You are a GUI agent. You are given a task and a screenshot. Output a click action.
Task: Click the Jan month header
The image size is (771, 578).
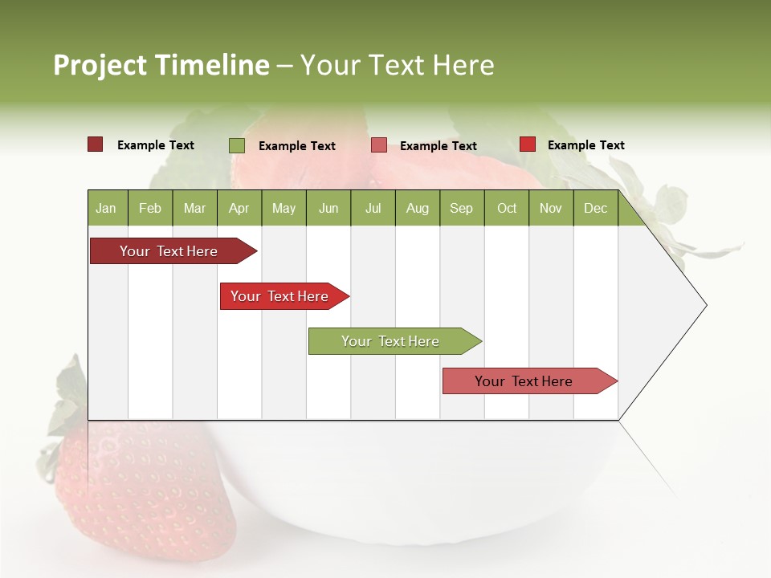pyautogui.click(x=106, y=208)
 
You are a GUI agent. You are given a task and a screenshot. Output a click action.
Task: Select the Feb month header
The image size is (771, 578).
pyautogui.click(x=150, y=208)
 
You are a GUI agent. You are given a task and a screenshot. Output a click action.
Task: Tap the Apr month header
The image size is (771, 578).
pyautogui.click(x=239, y=208)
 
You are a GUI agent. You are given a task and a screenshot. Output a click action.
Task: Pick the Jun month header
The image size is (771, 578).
pyautogui.click(x=328, y=208)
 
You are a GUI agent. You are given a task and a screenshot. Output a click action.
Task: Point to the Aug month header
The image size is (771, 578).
pyautogui.click(x=417, y=208)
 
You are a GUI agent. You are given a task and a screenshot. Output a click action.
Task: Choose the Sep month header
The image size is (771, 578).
pyautogui.click(x=461, y=208)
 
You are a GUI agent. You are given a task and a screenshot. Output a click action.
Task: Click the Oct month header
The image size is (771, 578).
pyautogui.click(x=507, y=208)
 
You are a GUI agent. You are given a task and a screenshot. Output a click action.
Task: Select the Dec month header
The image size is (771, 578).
pyautogui.click(x=595, y=208)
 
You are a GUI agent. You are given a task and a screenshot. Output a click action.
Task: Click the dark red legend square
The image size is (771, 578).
pyautogui.click(x=96, y=144)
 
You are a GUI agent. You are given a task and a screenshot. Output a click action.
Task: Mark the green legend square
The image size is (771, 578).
pyautogui.click(x=237, y=145)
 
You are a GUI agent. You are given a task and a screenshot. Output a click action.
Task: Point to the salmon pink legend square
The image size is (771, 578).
pyautogui.click(x=379, y=145)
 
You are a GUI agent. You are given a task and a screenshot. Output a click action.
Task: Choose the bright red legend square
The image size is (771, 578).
pyautogui.click(x=528, y=144)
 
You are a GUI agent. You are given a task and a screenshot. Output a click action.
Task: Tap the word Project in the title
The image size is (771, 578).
pyautogui.click(x=100, y=65)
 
